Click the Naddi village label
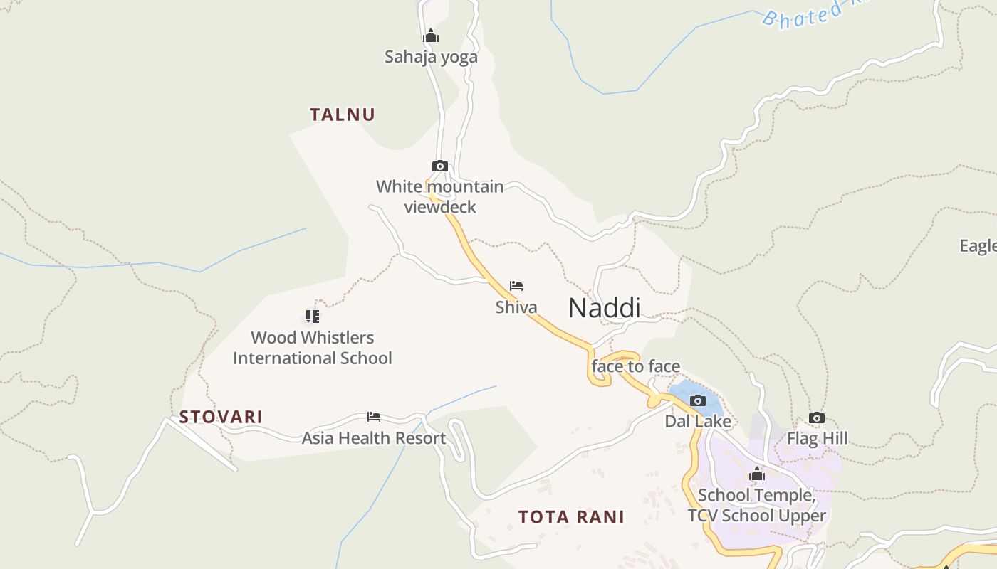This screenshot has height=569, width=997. click(x=604, y=308)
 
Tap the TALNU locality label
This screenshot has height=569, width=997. click(x=343, y=115)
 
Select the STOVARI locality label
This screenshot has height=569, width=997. click(x=221, y=417)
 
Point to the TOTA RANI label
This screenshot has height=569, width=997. click(x=571, y=517)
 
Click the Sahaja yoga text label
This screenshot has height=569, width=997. click(x=431, y=57)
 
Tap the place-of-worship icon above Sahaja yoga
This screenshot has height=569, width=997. click(x=431, y=36)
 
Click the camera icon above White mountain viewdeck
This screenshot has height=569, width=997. click(x=440, y=166)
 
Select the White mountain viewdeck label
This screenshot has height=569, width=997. click(x=440, y=197)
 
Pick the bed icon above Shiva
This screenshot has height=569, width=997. click(x=516, y=286)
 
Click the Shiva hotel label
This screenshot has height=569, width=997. click(x=516, y=307)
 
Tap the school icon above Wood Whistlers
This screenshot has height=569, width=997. click(x=312, y=316)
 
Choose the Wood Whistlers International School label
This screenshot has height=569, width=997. click(x=312, y=348)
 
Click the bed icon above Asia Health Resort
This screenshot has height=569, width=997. click(x=374, y=417)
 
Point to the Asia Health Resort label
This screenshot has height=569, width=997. click(x=374, y=438)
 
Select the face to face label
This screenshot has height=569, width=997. click(x=636, y=367)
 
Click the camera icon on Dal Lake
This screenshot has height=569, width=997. click(x=698, y=401)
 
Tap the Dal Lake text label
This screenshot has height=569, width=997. click(x=698, y=422)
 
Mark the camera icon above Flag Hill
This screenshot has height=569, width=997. click(x=817, y=418)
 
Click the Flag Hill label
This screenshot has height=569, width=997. click(x=817, y=439)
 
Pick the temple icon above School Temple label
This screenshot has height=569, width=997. click(x=757, y=474)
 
